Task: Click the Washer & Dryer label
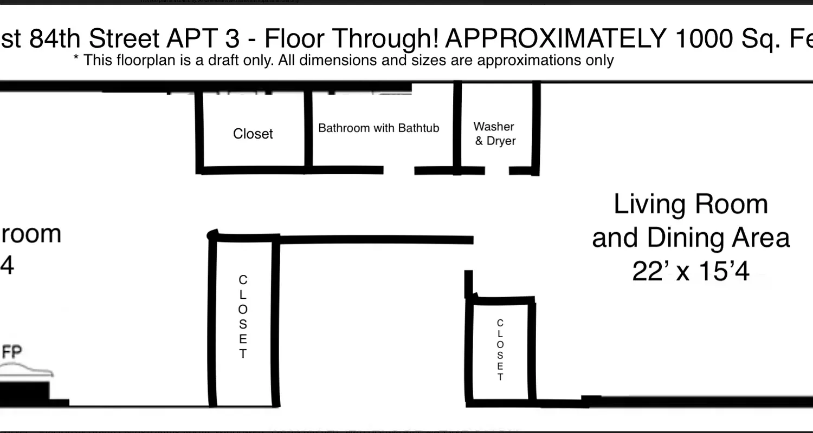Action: click(494, 134)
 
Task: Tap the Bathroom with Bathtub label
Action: click(378, 128)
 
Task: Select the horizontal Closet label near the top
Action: click(253, 134)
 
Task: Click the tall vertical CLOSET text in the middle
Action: click(243, 317)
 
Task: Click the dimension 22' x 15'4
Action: click(691, 272)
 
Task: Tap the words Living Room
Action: click(691, 205)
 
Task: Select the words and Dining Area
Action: click(691, 238)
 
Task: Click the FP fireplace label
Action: click(12, 353)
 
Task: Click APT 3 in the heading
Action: click(207, 38)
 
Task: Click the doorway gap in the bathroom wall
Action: click(399, 170)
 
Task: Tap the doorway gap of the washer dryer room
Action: click(497, 171)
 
